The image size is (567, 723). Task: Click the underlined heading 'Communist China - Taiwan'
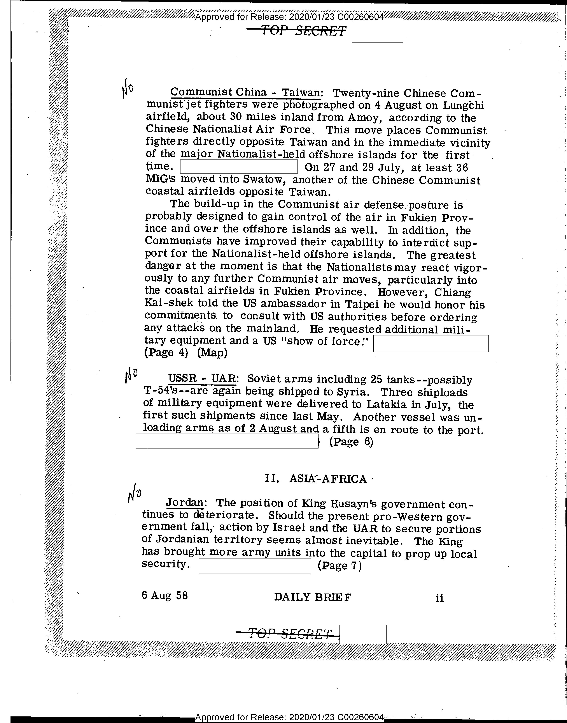[x=245, y=92]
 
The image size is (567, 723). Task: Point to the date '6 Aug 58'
[x=165, y=595]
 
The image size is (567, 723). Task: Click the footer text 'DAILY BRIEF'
[x=312, y=597]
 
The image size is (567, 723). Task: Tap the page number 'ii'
[x=439, y=598]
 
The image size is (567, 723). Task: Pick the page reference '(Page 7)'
[x=339, y=565]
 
